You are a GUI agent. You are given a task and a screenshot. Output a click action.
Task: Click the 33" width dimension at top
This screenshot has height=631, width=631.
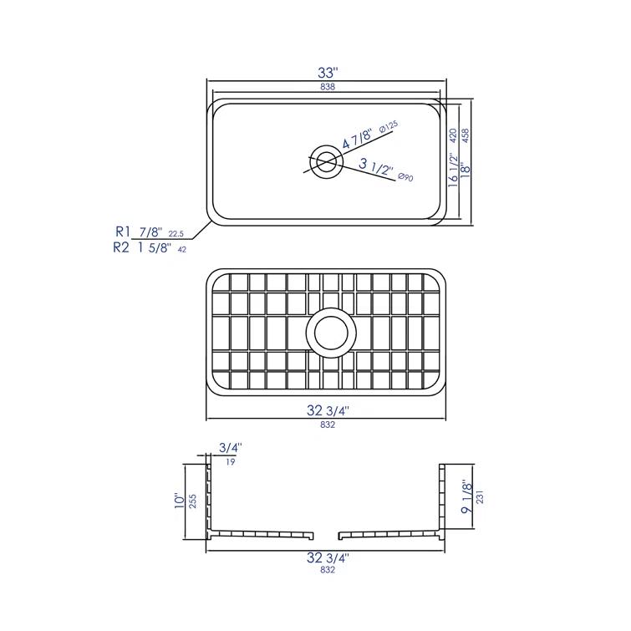(x=326, y=73)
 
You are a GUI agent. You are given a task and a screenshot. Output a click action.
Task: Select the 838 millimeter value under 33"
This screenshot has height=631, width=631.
(x=326, y=88)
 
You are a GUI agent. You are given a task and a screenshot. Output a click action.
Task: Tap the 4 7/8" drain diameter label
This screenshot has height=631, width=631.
(x=359, y=138)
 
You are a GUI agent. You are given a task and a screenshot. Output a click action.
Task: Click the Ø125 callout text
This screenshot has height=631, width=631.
(x=388, y=126)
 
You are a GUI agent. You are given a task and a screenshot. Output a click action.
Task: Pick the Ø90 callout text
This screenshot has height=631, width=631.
(x=407, y=176)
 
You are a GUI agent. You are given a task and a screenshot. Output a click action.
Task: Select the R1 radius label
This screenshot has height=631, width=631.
(x=125, y=232)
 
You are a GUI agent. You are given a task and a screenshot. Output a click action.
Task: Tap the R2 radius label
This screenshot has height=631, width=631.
(x=121, y=247)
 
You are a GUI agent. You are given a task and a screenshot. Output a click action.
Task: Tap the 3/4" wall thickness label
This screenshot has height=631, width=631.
(x=229, y=448)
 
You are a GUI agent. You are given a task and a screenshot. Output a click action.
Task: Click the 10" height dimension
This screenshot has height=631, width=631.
(x=179, y=501)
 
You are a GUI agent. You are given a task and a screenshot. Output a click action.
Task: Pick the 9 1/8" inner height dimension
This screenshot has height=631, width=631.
(x=465, y=497)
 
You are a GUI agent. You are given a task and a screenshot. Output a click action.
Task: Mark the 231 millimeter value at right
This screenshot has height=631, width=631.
(x=480, y=497)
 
